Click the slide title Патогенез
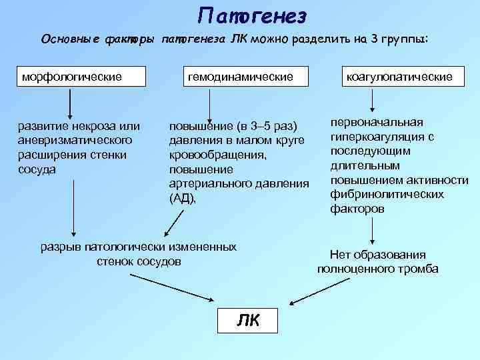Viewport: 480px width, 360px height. [252, 15]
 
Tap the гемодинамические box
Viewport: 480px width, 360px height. [240, 77]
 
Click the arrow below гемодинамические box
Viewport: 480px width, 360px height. [210, 105]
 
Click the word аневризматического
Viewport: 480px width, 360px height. [76, 140]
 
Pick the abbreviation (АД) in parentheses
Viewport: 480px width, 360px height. [183, 198]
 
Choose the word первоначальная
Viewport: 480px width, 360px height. [377, 123]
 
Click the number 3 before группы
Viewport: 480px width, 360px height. [377, 39]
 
